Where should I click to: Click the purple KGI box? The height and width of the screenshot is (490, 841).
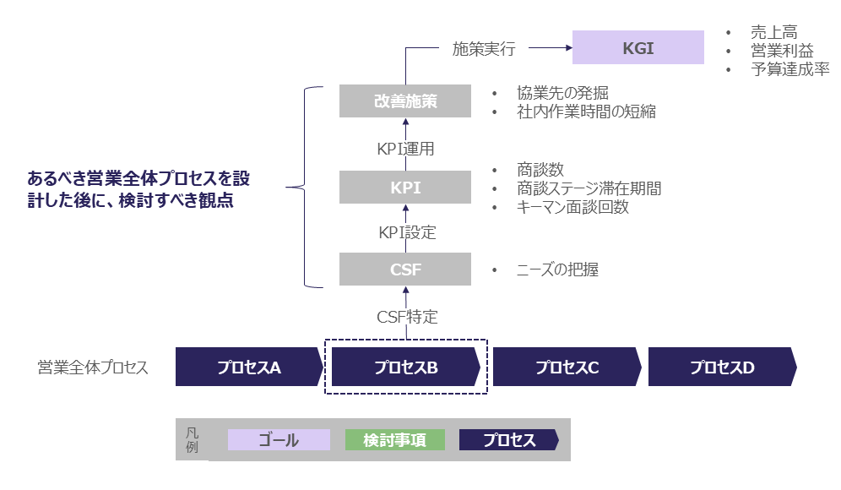point(638,48)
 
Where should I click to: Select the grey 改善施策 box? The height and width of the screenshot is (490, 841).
point(405,101)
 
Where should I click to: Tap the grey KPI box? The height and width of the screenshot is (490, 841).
point(405,188)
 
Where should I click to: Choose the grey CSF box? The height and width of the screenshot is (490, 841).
point(405,270)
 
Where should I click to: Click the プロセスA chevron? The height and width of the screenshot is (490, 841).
point(248,367)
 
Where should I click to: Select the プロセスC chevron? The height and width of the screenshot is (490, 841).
point(567,367)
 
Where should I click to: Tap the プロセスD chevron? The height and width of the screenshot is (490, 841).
point(721,367)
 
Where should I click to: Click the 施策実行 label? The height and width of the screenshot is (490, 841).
point(484,48)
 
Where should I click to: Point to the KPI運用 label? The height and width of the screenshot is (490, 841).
point(406,149)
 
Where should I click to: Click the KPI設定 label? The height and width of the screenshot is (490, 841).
point(406,231)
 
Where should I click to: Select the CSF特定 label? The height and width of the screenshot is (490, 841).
point(407,317)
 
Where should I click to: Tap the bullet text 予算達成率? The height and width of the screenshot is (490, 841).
point(789,69)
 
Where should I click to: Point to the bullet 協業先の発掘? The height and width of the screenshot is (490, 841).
point(562,93)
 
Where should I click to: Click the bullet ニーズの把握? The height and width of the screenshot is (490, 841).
point(557,270)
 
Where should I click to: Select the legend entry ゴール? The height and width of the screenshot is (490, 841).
point(279,440)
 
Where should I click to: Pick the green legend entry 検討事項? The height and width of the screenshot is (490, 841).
point(394,440)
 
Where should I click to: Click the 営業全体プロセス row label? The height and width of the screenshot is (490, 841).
point(93,367)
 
